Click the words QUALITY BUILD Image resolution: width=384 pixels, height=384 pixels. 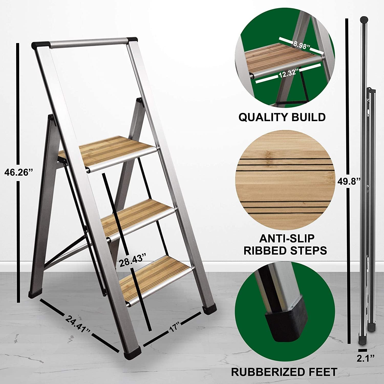282,117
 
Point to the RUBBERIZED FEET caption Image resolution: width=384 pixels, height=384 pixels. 284,371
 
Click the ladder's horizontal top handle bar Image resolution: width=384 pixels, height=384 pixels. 88,43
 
